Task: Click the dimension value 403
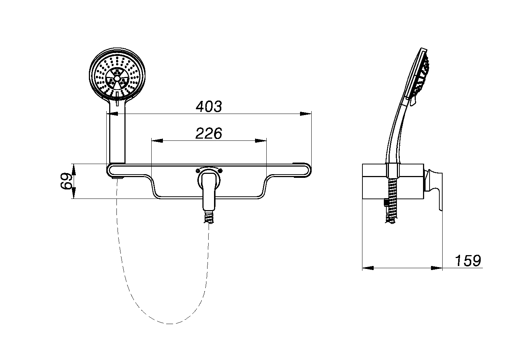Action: click(209, 107)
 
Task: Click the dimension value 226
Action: click(209, 133)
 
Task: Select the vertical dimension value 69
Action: click(66, 181)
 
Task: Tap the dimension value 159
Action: click(468, 261)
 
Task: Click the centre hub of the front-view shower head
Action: click(117, 78)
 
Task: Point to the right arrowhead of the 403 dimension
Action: click(305, 114)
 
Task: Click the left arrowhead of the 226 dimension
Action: click(157, 141)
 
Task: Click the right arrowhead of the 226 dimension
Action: click(260, 141)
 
